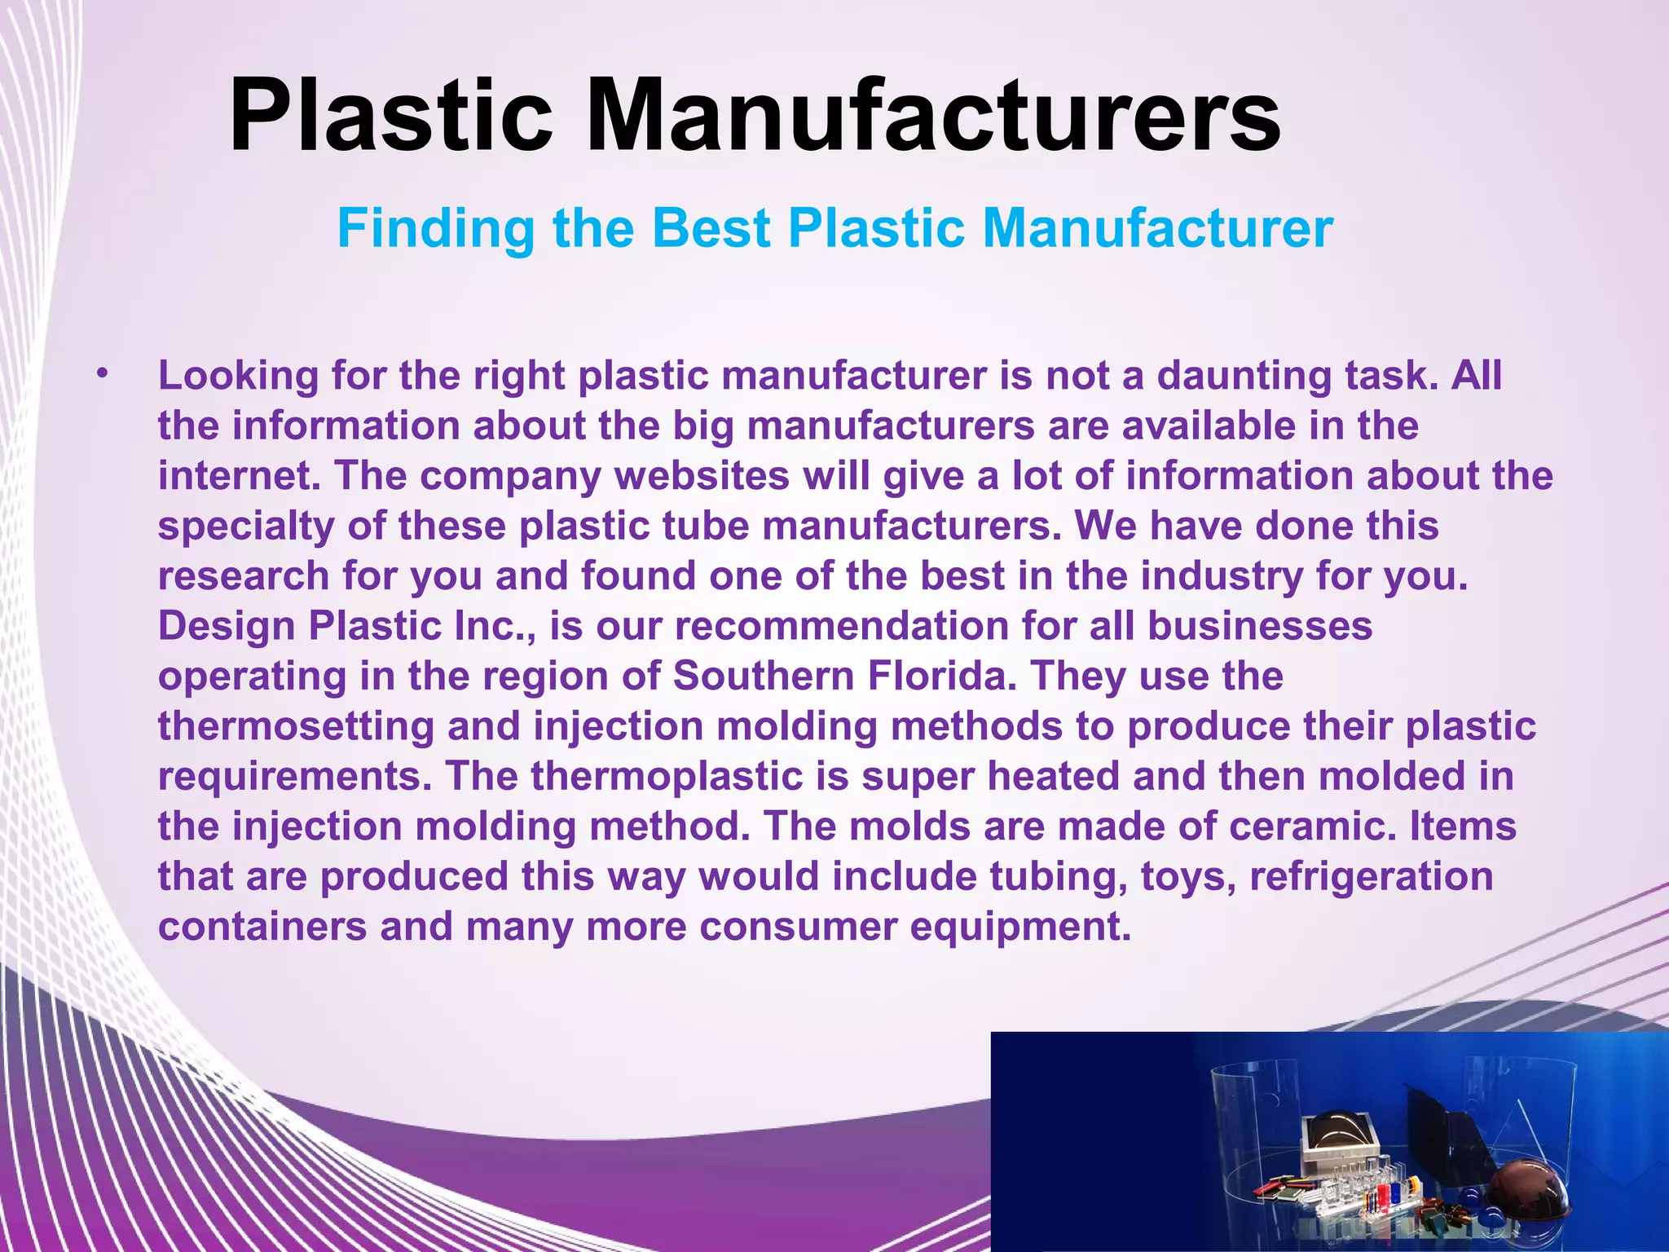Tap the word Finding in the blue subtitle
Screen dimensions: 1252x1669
436,229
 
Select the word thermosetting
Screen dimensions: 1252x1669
295,726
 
